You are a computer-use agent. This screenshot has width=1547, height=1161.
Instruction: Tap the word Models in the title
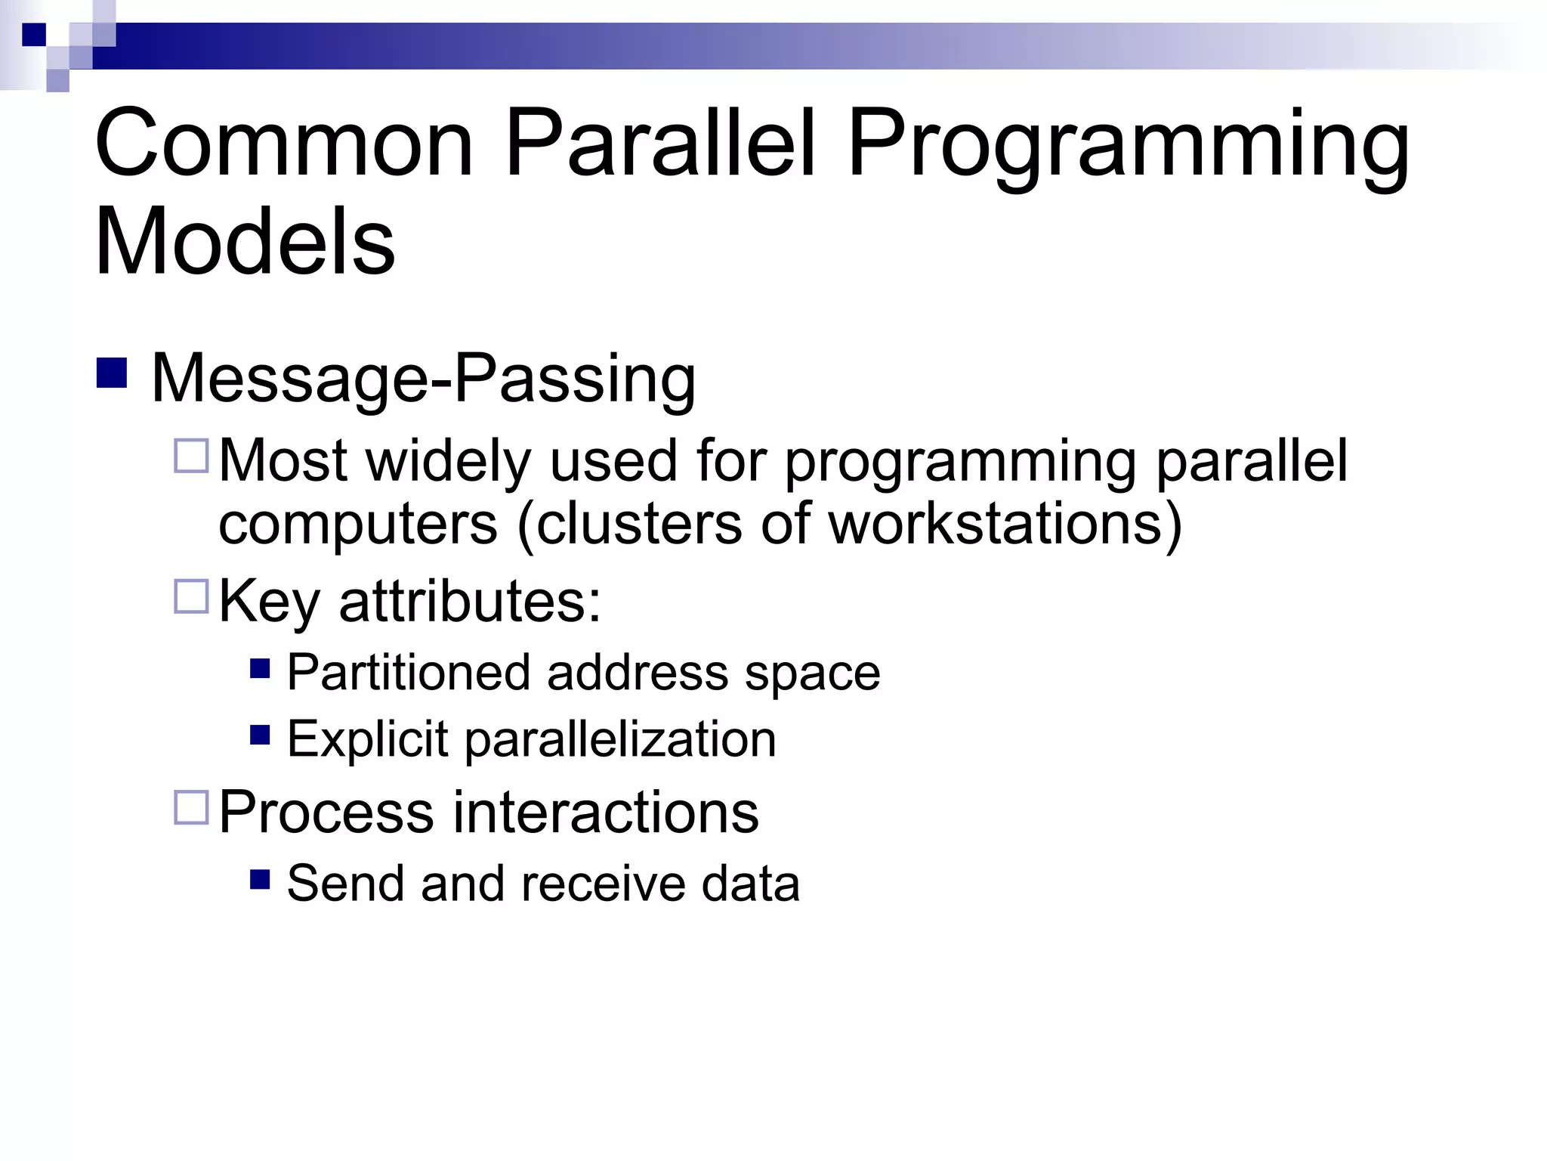(244, 242)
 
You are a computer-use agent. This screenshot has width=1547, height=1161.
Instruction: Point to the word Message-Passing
(423, 379)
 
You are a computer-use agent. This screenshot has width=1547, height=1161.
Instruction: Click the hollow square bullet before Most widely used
(190, 457)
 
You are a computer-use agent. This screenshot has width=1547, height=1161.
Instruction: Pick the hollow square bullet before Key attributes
(190, 596)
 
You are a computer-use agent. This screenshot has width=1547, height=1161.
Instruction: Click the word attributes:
(470, 602)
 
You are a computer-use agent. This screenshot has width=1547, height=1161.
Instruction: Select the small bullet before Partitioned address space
(260, 668)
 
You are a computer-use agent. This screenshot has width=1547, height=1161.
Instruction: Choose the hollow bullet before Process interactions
(190, 807)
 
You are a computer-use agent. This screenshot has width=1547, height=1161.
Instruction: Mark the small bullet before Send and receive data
(260, 879)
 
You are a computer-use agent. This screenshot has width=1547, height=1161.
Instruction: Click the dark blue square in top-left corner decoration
(34, 35)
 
